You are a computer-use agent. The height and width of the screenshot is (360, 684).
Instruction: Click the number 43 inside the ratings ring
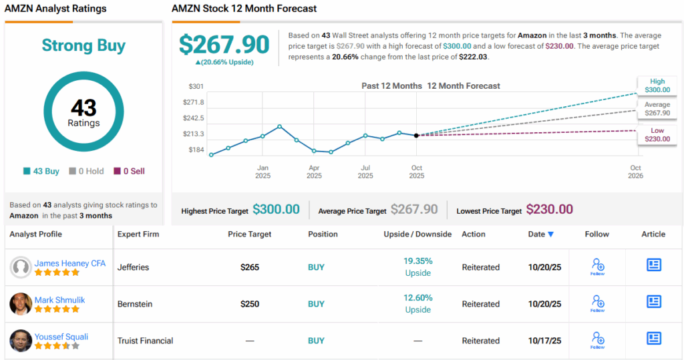pyautogui.click(x=83, y=108)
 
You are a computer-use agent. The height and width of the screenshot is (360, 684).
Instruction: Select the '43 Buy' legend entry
pyautogui.click(x=42, y=171)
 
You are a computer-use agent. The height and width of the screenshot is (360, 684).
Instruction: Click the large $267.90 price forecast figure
pyautogui.click(x=224, y=44)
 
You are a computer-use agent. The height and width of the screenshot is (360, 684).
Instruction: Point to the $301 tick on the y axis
pyautogui.click(x=196, y=87)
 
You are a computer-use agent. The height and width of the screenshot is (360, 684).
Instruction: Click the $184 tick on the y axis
pyautogui.click(x=196, y=150)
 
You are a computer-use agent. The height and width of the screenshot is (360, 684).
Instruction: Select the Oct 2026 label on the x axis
pyautogui.click(x=635, y=172)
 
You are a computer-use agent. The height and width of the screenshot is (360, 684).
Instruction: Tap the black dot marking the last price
pyautogui.click(x=417, y=136)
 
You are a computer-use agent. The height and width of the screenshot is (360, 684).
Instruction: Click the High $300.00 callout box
pyautogui.click(x=657, y=85)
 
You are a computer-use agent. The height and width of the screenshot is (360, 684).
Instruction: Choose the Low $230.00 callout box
pyautogui.click(x=657, y=134)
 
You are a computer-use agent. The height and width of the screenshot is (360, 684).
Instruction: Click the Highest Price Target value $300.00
pyautogui.click(x=275, y=210)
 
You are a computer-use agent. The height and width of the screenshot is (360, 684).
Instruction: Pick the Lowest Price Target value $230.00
pyautogui.click(x=549, y=210)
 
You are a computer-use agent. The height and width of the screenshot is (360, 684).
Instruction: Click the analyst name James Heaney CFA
pyautogui.click(x=69, y=263)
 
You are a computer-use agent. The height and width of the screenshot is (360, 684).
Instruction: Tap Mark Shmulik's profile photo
pyautogui.click(x=21, y=304)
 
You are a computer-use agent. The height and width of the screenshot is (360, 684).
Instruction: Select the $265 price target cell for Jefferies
pyautogui.click(x=250, y=267)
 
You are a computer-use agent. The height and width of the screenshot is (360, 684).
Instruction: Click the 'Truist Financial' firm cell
pyautogui.click(x=145, y=341)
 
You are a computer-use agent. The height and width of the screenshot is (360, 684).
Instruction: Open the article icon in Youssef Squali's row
pyautogui.click(x=653, y=338)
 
